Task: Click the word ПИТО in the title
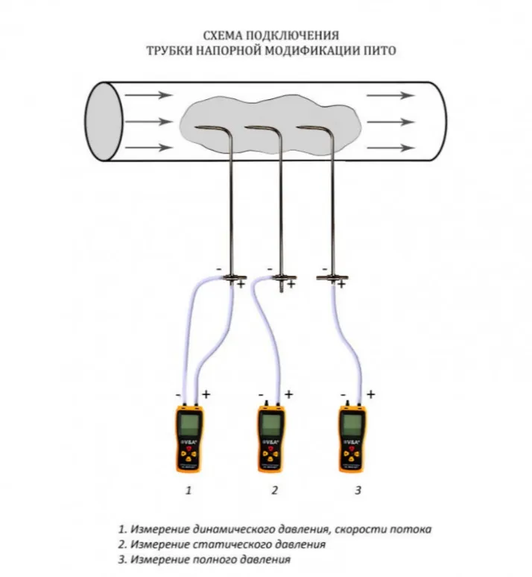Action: [x=376, y=51]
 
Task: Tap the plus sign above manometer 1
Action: [x=206, y=394]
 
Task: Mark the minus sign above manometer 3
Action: [x=342, y=394]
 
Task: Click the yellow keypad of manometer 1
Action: [x=190, y=453]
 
